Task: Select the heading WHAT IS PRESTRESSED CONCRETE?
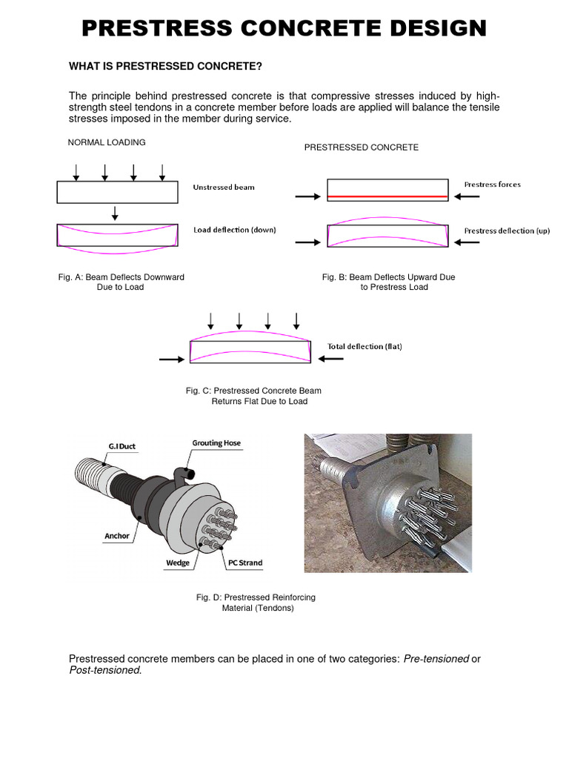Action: coord(165,67)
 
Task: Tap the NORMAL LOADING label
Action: coord(107,142)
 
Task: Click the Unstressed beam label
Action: coord(223,188)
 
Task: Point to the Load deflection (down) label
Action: coord(234,230)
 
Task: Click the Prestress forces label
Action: coord(492,185)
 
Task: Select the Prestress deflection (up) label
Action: coord(507,231)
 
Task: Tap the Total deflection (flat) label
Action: coord(365,346)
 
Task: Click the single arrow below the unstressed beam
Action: coord(115,213)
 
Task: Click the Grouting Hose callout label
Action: coord(217,443)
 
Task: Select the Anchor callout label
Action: coord(117,537)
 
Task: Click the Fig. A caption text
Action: coord(121,282)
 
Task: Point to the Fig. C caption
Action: coord(253,396)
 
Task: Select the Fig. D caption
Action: coord(256,603)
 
